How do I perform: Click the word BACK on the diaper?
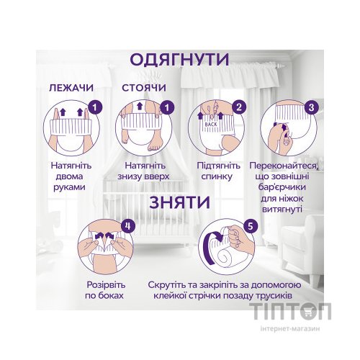[211, 124]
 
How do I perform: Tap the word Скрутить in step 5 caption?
[172, 284]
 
